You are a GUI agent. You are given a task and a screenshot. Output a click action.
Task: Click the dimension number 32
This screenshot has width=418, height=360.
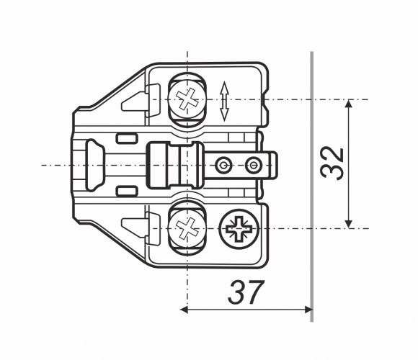pyautogui.click(x=332, y=163)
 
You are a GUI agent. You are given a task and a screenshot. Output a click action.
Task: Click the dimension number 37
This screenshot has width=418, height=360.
pyautogui.click(x=246, y=292)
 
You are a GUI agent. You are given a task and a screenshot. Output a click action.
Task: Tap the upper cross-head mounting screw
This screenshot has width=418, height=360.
pyautogui.click(x=187, y=99)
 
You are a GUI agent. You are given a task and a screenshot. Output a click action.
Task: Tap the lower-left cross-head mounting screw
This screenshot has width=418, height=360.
pyautogui.click(x=187, y=229)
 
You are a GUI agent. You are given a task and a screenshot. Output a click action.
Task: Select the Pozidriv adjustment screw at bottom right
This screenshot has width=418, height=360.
pyautogui.click(x=239, y=229)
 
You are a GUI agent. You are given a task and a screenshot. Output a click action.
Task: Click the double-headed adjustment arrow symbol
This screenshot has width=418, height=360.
pyautogui.click(x=224, y=102)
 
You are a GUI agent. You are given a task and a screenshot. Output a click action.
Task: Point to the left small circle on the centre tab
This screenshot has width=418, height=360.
pyautogui.click(x=223, y=166)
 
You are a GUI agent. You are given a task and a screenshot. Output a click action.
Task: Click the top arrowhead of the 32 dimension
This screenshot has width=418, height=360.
pyautogui.click(x=348, y=103)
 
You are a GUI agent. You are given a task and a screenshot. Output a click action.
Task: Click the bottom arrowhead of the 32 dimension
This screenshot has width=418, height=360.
pyautogui.click(x=348, y=224)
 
